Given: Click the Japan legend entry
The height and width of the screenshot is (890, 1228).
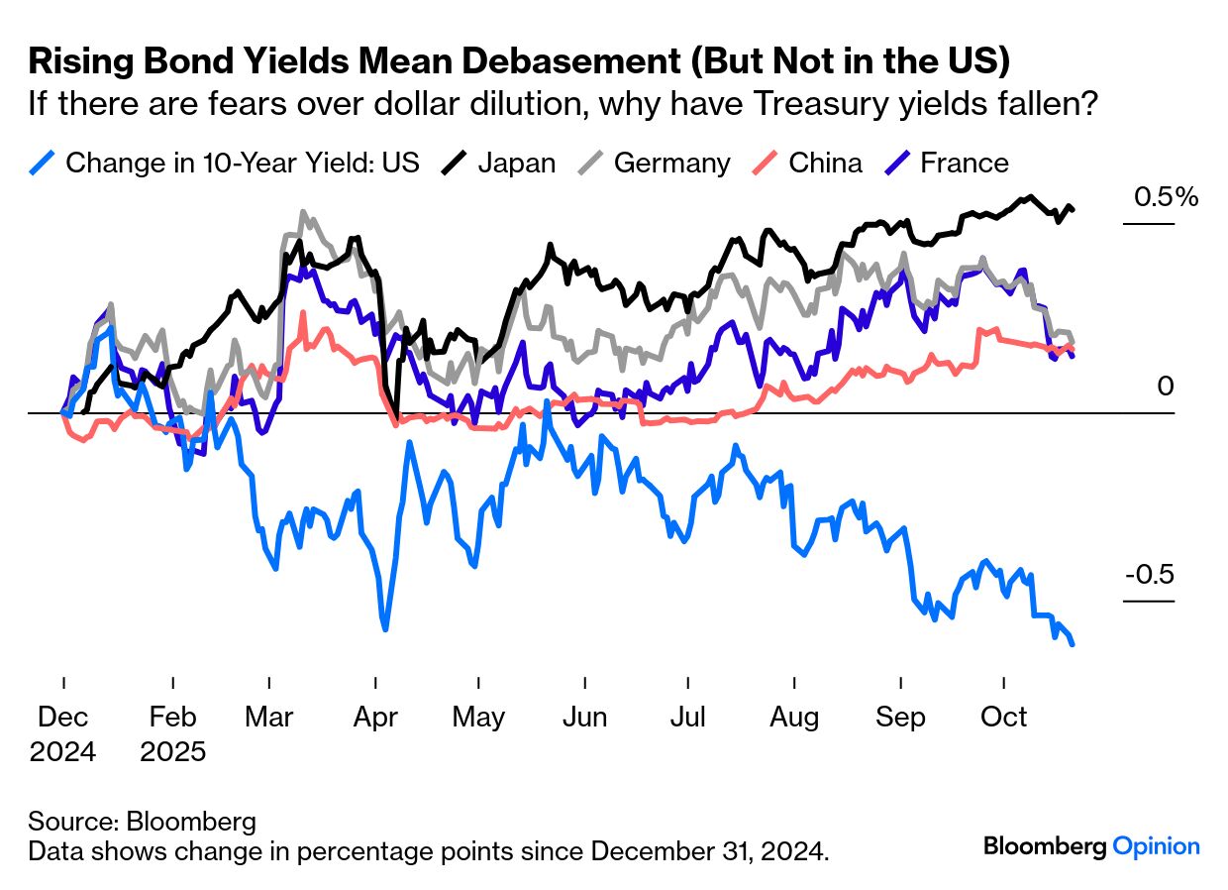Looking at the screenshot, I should [516, 163].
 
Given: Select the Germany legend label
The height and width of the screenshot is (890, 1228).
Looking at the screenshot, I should [671, 163].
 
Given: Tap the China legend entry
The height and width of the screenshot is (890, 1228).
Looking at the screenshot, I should [825, 163].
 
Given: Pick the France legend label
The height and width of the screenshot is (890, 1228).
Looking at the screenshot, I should [965, 163].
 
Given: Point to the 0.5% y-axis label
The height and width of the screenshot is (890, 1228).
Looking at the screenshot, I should [1166, 197].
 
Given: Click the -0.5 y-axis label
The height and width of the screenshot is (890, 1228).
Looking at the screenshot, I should [1149, 576].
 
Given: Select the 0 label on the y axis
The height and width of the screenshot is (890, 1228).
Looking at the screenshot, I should [1165, 387].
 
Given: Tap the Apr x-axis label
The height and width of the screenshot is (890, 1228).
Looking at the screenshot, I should [374, 717].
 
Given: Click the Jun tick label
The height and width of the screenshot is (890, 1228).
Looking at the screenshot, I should [584, 717].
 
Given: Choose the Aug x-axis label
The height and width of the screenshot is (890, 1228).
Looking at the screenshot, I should [793, 717].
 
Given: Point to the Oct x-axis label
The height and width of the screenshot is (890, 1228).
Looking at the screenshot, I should [1004, 717].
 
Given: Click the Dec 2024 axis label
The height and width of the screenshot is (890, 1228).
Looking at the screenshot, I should [63, 733].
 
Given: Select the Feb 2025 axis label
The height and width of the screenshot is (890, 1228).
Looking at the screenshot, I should [173, 733].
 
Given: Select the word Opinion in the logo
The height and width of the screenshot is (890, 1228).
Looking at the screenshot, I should [1156, 846].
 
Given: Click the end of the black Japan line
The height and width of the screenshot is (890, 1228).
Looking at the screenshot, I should [1073, 209].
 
